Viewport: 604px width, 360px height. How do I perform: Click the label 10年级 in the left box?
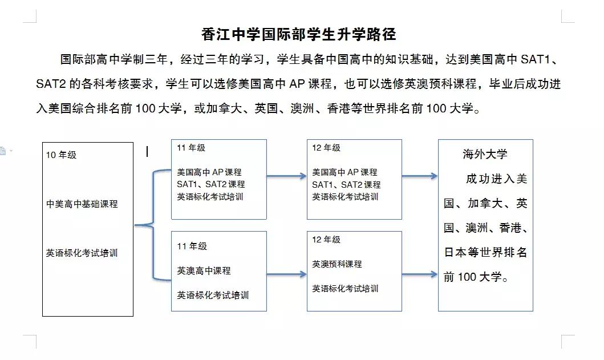point(62,155)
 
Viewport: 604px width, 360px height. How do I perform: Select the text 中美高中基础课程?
point(82,204)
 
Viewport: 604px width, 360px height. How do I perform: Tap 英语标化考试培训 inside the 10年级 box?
point(82,253)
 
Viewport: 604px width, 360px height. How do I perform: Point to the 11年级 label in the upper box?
point(191,148)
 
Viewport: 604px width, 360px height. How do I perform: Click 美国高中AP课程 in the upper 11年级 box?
point(209,172)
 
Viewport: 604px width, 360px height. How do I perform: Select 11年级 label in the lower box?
point(192,246)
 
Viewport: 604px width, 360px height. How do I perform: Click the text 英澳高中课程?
point(204,270)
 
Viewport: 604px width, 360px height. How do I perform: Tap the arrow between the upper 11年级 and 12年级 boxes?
point(286,176)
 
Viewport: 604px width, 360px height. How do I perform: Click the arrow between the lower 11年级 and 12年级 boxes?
point(286,275)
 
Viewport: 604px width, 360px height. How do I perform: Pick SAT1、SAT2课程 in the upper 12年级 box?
point(346,184)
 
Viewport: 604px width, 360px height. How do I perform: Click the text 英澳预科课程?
point(337,264)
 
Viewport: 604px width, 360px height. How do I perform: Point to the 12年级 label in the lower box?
point(326,240)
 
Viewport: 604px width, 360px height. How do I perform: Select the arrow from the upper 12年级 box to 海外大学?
point(419,176)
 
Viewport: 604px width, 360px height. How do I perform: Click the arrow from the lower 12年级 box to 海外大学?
point(419,275)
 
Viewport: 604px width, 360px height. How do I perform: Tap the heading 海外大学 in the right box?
point(485,154)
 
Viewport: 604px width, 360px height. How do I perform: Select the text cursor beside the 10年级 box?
point(147,151)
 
